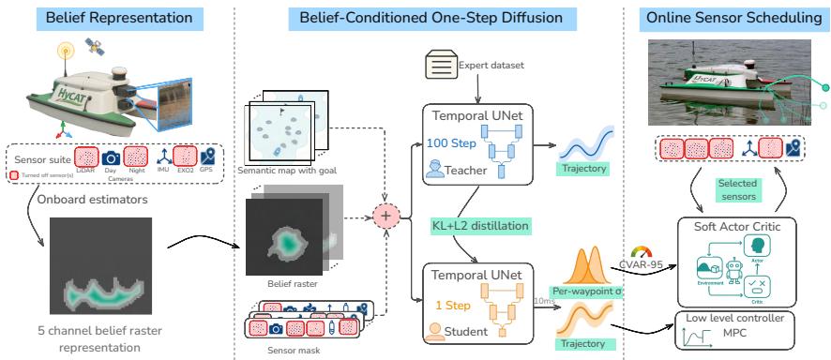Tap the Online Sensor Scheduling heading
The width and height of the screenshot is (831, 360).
(725, 18)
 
